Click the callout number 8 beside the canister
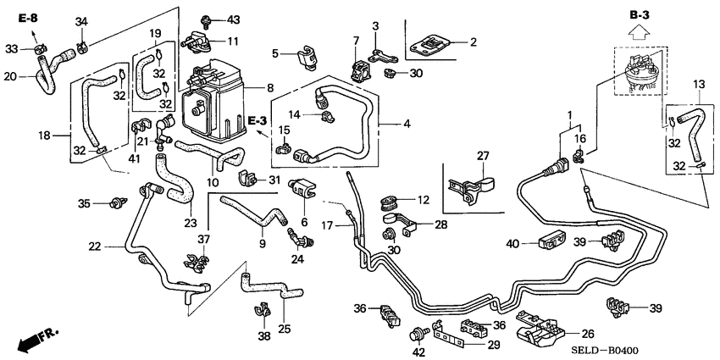point(269,86)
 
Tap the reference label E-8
point(26,17)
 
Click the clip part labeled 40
point(552,242)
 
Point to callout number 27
point(483,156)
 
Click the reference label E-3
point(258,121)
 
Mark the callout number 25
point(284,328)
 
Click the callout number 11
point(233,41)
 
